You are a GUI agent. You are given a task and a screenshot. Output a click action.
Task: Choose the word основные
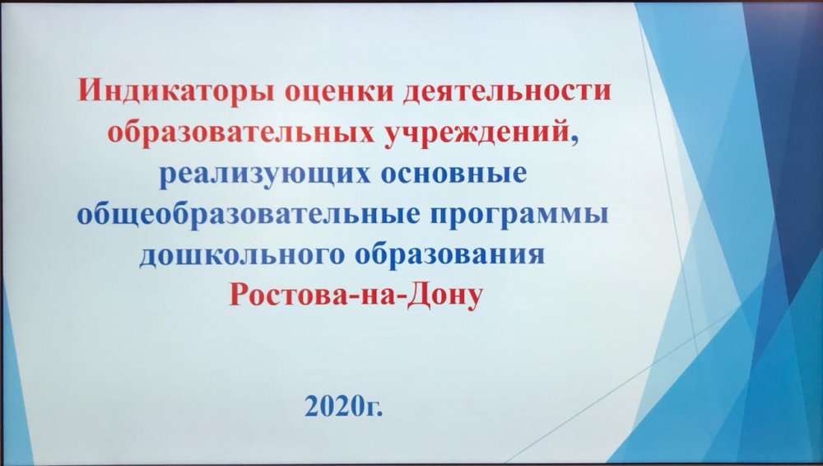453,174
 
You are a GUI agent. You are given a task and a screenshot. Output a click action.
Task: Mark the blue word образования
450,255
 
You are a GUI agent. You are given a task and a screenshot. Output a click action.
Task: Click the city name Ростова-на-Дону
356,296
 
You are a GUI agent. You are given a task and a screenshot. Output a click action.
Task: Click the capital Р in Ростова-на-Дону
239,296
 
